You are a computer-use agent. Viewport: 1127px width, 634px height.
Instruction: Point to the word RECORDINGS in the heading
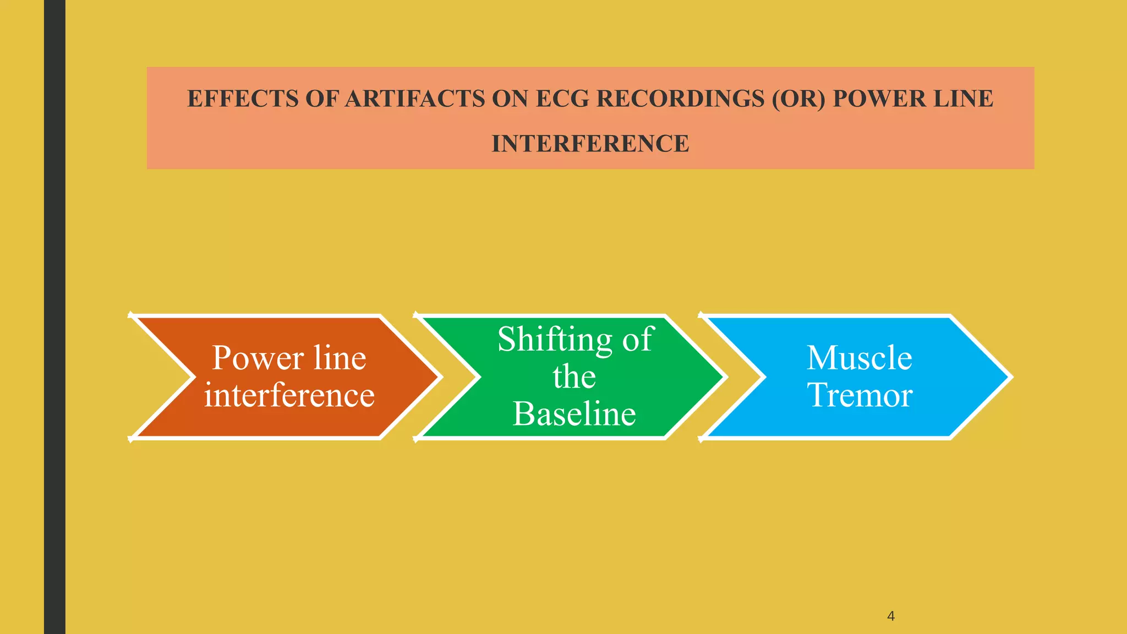681,99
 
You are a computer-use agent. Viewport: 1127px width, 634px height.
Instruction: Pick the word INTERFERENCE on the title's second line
590,144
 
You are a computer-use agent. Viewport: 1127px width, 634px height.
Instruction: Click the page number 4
891,616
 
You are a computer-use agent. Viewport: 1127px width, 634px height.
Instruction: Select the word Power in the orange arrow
258,358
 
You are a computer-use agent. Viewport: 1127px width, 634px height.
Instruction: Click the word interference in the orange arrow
289,395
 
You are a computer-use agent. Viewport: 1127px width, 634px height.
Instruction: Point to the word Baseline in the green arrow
575,414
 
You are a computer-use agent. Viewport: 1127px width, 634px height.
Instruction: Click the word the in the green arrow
575,377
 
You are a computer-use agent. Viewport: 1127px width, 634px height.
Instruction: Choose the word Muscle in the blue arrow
860,358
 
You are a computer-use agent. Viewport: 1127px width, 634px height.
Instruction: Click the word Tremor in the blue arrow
860,395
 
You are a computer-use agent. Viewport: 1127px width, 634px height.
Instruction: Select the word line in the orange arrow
340,358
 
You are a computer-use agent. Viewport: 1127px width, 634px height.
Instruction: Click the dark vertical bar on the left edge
54,317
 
